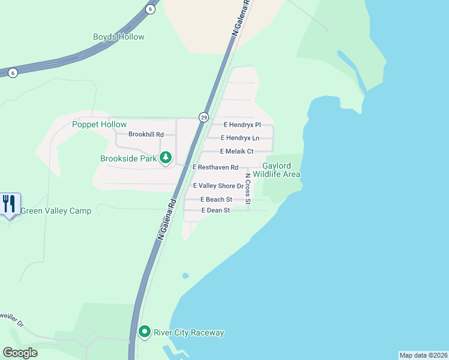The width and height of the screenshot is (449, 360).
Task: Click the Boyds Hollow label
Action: tap(119, 37)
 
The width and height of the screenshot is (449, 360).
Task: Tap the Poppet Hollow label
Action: tap(99, 124)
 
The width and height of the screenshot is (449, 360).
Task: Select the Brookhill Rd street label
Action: tap(146, 134)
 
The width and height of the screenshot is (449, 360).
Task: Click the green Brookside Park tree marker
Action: tap(166, 158)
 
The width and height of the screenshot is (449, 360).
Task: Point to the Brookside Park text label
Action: tap(128, 159)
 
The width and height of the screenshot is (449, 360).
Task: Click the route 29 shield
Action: tap(204, 118)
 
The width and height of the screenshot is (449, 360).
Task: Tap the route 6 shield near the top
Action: tap(150, 9)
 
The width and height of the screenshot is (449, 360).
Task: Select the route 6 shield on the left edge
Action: tap(13, 73)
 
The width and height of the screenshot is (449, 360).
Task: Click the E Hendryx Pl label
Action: tap(242, 125)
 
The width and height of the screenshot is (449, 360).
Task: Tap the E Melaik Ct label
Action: tap(237, 151)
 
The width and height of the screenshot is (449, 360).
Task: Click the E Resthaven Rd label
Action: tap(215, 167)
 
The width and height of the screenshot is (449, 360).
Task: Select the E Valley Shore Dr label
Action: tap(218, 186)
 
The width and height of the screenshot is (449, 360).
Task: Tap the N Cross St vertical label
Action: tap(248, 188)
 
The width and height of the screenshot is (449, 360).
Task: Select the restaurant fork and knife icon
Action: tap(9, 204)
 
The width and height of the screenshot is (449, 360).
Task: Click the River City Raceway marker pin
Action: tap(145, 332)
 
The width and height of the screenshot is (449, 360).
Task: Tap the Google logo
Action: tap(20, 353)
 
